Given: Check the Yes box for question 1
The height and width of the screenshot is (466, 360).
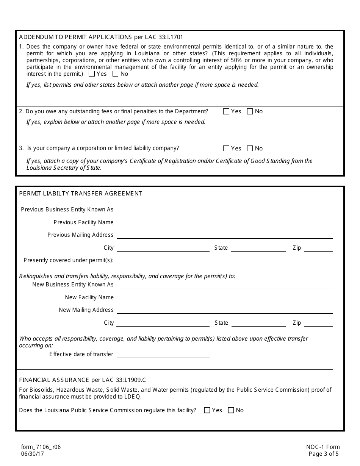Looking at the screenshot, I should (x=91, y=74).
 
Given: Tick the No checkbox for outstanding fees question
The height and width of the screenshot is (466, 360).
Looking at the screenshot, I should (x=250, y=111).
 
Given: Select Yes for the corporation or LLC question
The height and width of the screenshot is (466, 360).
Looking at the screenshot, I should (x=226, y=149).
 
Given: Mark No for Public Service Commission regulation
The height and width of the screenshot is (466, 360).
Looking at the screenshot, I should (x=231, y=410).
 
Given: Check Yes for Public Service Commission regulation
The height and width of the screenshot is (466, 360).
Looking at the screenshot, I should (x=207, y=410).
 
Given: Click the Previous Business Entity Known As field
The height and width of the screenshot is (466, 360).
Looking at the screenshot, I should (x=225, y=209).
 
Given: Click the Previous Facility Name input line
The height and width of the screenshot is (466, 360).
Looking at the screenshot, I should (x=225, y=222).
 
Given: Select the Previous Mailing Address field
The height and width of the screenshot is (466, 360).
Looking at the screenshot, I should (x=225, y=235).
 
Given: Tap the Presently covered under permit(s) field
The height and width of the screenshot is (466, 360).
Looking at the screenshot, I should (x=225, y=260).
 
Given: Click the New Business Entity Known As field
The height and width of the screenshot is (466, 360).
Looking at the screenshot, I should (x=225, y=284).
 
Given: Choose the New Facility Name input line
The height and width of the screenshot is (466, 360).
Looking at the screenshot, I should (x=225, y=297).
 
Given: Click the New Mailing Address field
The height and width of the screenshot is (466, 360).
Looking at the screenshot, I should (x=225, y=310).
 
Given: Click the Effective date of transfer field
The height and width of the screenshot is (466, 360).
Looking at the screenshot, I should (x=163, y=354).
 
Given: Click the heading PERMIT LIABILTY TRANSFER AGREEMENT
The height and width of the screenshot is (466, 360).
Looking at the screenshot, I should (x=80, y=194).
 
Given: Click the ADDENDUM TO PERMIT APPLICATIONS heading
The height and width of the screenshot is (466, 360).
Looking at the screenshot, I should (x=101, y=37).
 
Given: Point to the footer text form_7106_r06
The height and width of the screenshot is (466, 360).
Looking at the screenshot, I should (x=41, y=447).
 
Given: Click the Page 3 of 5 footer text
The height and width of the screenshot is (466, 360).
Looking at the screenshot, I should (x=324, y=454).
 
